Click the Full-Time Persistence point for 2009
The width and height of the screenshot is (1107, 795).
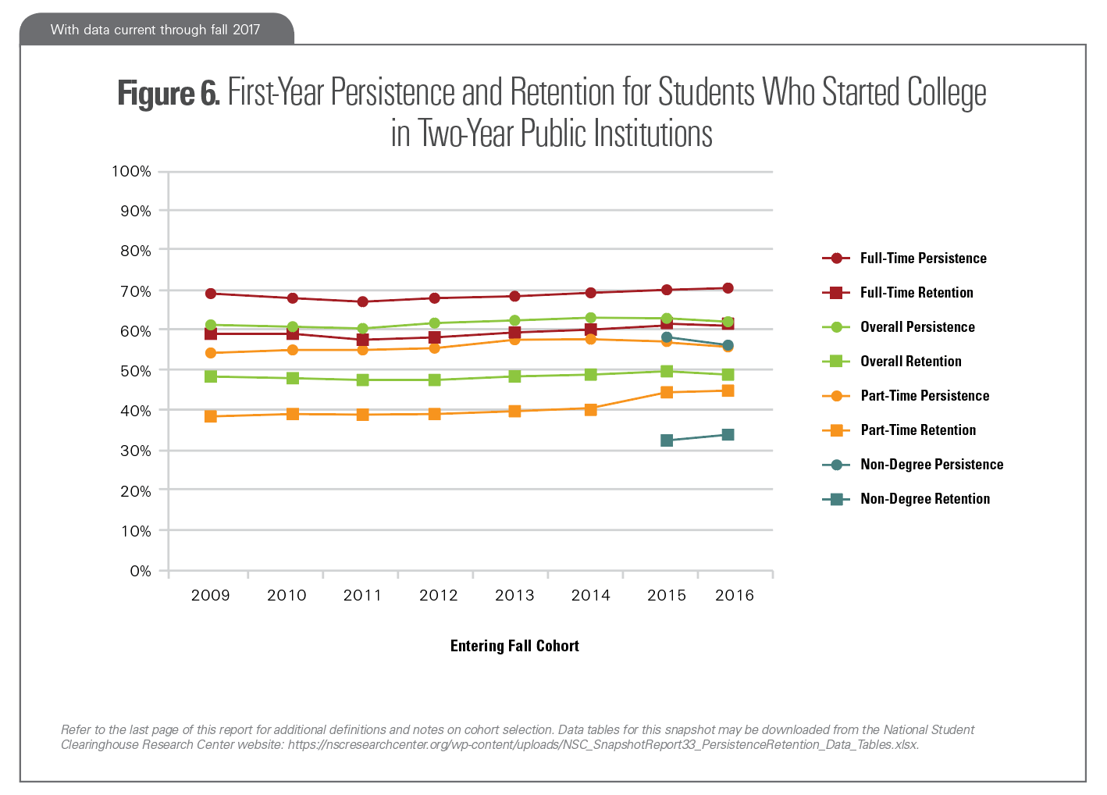click(211, 294)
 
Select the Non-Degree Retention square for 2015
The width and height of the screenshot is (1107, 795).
click(667, 440)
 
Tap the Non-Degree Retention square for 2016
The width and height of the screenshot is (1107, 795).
click(728, 435)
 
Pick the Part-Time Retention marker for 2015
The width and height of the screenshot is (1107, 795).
click(667, 392)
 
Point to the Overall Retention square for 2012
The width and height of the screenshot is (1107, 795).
click(435, 380)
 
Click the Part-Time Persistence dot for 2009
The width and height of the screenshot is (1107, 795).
click(211, 353)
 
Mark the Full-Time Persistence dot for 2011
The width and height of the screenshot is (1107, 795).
click(363, 301)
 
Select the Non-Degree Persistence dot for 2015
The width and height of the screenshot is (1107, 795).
click(667, 337)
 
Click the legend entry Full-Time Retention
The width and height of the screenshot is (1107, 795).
click(917, 293)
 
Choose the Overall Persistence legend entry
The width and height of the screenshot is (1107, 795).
click(917, 327)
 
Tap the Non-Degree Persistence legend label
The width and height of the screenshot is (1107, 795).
click(931, 465)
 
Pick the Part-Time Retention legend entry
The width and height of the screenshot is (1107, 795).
click(918, 430)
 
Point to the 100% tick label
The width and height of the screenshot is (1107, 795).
click(132, 171)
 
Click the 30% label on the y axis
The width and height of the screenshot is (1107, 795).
click(136, 451)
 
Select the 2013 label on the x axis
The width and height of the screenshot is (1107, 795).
click(514, 595)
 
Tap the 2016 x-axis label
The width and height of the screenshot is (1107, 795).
click(735, 595)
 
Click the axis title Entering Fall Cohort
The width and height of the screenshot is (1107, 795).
click(514, 646)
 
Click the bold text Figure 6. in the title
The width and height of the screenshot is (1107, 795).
click(169, 94)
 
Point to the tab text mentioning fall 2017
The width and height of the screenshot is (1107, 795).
click(155, 30)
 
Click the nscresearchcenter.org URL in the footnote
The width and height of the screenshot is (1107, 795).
click(603, 745)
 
